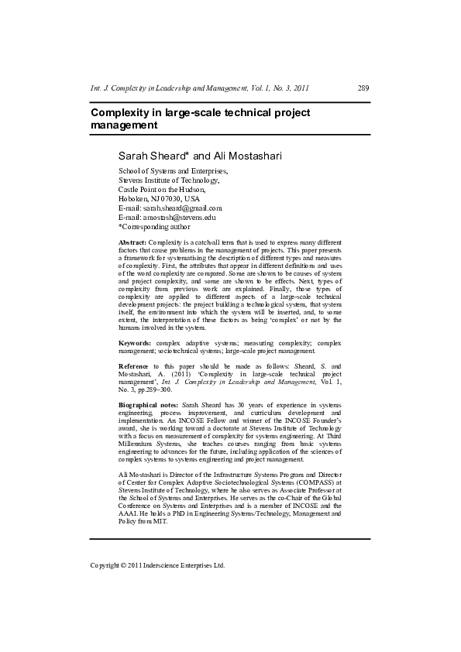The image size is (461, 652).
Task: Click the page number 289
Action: [x=363, y=88]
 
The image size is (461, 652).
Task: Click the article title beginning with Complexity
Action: [x=200, y=118]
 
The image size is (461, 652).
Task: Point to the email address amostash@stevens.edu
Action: [x=179, y=218]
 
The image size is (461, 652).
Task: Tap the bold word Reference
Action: [x=132, y=365]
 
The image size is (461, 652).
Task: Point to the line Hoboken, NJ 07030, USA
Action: [x=158, y=198]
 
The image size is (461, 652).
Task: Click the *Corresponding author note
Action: [x=153, y=227]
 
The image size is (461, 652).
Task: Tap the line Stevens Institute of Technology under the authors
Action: [x=168, y=180]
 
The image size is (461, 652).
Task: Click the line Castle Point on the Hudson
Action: [x=161, y=189]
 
